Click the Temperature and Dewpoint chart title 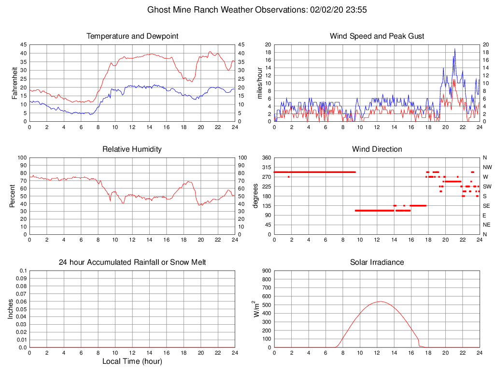coord(132,36)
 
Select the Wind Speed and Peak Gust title coord(377,36)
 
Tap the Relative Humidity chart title coord(132,149)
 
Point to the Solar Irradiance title coord(377,262)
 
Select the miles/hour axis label coord(259,83)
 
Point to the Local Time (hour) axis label coord(132,361)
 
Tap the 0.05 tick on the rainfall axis coord(21,309)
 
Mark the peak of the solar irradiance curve coord(380,301)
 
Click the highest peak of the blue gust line coord(454,49)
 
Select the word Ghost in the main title coord(158,10)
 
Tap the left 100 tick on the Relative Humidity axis coord(22,158)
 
